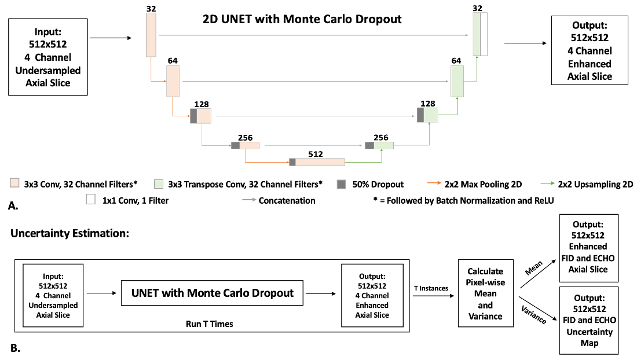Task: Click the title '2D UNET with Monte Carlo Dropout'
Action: pos(302,19)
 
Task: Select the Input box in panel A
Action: pos(49,57)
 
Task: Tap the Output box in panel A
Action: pos(590,50)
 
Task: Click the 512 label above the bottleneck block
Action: pos(316,154)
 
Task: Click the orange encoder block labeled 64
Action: pos(173,81)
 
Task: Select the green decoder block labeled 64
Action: pos(457,80)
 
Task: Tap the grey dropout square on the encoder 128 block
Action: pos(193,116)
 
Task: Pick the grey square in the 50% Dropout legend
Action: pos(342,184)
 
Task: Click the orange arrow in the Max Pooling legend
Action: pos(432,185)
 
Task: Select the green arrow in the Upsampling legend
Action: pos(546,185)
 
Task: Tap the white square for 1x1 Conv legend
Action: pos(90,200)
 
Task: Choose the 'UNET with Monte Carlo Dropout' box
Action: pos(213,293)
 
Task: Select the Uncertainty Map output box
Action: pos(590,320)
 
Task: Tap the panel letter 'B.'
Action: pos(16,348)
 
